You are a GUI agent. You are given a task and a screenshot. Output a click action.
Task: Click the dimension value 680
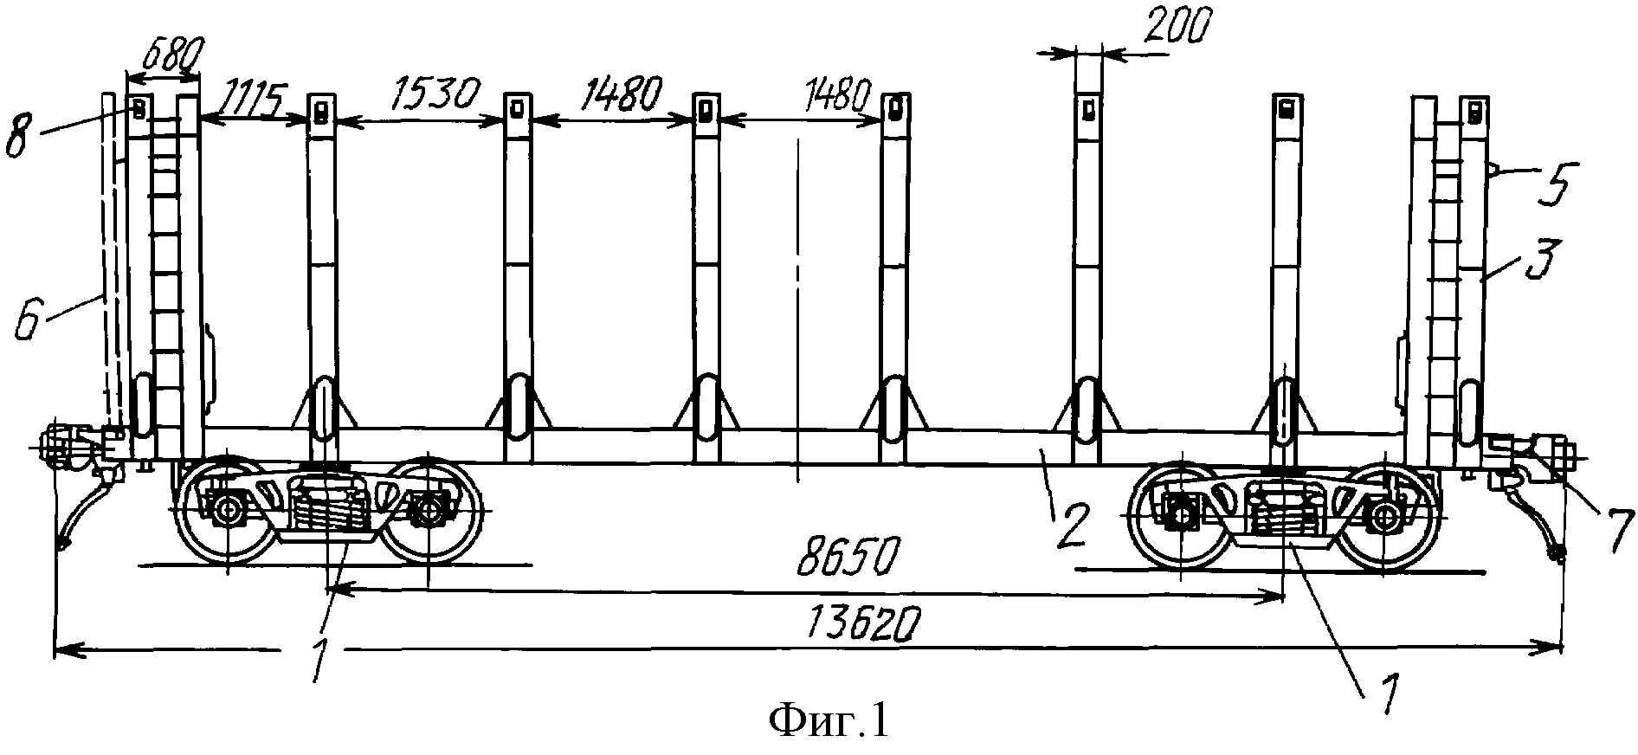click(171, 57)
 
